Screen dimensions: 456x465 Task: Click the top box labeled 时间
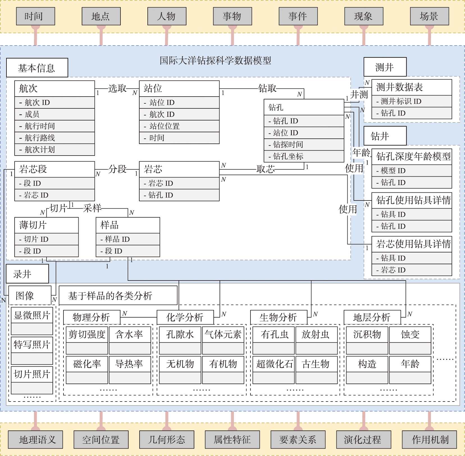tap(35, 16)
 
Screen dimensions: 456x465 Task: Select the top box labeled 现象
tap(364, 16)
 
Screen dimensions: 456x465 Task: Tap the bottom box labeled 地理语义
tap(35, 439)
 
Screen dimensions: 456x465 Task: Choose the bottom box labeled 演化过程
tap(363, 439)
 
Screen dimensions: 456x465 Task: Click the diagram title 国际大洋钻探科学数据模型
tap(215, 60)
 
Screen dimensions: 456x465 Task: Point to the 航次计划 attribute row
tap(54, 150)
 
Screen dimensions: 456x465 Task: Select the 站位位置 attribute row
tap(179, 126)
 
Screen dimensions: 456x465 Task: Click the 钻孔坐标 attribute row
tap(304, 156)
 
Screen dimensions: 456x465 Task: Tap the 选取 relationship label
tap(117, 88)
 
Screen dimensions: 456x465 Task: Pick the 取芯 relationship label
tap(266, 169)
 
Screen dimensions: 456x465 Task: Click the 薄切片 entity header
tap(46, 225)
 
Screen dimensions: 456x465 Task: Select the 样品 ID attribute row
tap(128, 239)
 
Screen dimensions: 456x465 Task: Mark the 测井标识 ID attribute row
tap(412, 101)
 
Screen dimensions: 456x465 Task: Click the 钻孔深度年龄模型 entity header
tap(412, 156)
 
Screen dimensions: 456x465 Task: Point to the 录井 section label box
tap(27, 274)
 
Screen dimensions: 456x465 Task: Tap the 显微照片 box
tap(32, 315)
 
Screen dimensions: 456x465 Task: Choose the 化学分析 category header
tap(185, 317)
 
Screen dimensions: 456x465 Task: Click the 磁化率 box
tap(87, 364)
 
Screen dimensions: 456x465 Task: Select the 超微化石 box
tap(274, 364)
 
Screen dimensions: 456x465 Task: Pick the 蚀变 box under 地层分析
tap(410, 334)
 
